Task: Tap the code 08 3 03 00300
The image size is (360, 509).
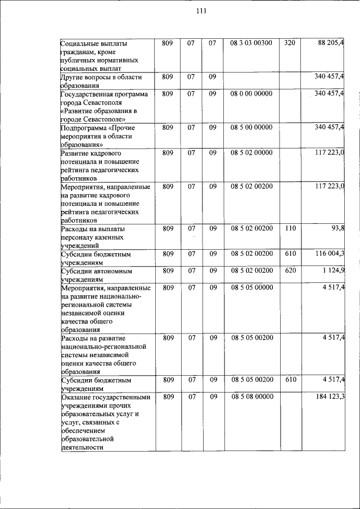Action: [x=251, y=43]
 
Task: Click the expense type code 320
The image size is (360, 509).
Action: [x=289, y=43]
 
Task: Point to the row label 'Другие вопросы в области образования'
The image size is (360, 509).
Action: [x=101, y=81]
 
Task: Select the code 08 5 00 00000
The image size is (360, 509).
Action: [x=251, y=127]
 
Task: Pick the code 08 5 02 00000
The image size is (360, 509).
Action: [x=251, y=152]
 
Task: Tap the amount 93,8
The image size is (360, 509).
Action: [x=339, y=228]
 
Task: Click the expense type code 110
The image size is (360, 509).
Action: [x=290, y=228]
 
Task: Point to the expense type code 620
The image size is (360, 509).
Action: [x=290, y=271]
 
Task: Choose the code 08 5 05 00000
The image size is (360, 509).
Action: [x=251, y=287]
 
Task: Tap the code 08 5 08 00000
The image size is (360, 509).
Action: [x=251, y=397]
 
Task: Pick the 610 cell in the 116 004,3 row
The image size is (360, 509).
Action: [x=290, y=254]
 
